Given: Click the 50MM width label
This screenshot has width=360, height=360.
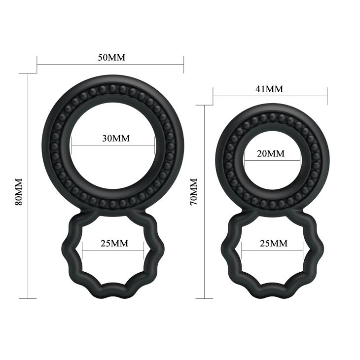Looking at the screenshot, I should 111,57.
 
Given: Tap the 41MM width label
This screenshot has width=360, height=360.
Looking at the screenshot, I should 269,89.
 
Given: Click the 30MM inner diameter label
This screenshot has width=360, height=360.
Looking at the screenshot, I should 115,139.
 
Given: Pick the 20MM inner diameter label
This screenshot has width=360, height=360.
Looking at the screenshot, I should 271,154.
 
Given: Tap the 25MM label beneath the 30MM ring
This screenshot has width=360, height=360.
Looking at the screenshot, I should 114,243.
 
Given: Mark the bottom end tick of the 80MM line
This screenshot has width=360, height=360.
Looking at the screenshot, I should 28,298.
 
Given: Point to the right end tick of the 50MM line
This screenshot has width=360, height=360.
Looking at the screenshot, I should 183,64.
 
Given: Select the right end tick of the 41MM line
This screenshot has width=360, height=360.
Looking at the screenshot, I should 327,97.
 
